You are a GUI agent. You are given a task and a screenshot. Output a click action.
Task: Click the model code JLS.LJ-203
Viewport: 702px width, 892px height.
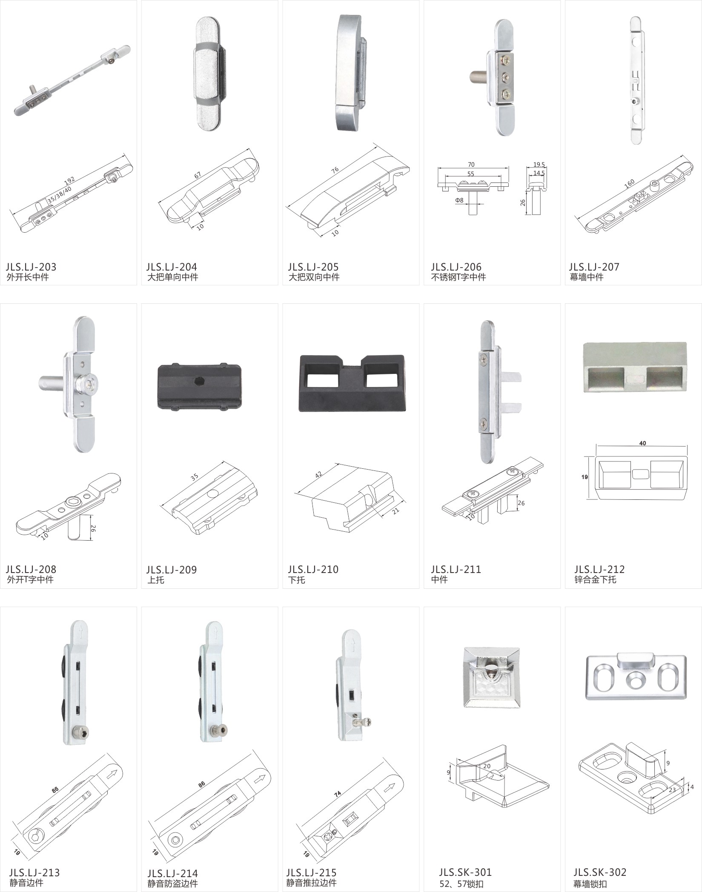(x=31, y=267)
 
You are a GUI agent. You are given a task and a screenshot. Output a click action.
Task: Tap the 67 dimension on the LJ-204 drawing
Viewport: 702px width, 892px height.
(x=198, y=175)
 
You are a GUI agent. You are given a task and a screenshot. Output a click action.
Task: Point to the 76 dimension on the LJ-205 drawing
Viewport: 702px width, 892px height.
(x=335, y=170)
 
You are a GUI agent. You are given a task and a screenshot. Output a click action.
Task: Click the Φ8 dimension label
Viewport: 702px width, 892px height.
(x=459, y=200)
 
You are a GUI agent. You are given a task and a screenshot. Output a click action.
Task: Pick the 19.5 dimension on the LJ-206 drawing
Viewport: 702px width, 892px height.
(x=539, y=165)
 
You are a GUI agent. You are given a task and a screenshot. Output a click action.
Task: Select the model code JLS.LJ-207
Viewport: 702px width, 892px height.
(x=594, y=267)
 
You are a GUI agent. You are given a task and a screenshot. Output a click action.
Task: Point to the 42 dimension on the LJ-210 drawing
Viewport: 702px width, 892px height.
(x=319, y=474)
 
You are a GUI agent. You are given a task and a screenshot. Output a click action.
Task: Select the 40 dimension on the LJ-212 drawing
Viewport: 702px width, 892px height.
(x=642, y=443)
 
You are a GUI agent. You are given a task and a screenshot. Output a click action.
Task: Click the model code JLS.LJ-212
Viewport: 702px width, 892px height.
(x=599, y=569)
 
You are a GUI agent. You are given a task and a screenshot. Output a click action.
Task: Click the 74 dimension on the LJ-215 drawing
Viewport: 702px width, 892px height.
(x=338, y=794)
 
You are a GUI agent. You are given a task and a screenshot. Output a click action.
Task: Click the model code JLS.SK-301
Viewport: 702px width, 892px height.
(x=465, y=872)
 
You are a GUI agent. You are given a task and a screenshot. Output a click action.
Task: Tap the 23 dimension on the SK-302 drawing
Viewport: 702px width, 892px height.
(x=672, y=790)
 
